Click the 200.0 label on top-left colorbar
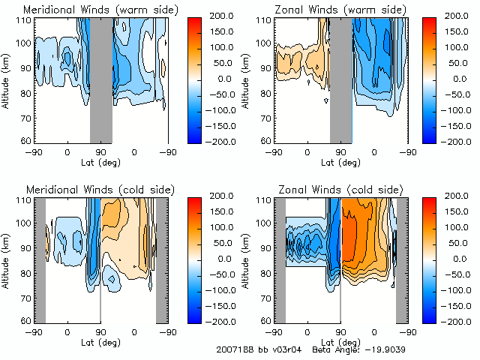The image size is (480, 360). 213,16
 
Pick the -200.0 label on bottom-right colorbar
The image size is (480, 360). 451,320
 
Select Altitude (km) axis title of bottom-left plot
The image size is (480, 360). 7,259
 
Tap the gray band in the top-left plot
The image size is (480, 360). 101,79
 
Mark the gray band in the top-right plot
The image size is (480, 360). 340,79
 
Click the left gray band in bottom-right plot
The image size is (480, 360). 280,259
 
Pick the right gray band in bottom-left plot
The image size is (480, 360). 161,259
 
